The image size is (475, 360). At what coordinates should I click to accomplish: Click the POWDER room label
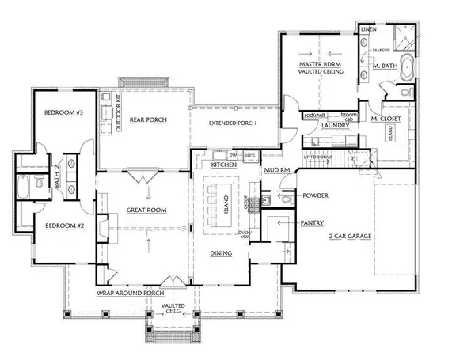click(314, 195)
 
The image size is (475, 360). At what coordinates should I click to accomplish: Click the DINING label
click(221, 253)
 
